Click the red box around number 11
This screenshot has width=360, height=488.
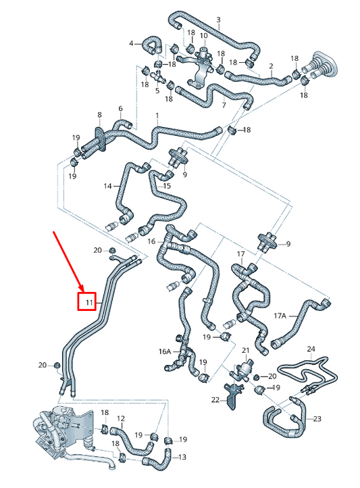[86, 301]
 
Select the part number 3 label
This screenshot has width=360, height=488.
[218, 20]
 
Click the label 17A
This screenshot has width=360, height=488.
[280, 316]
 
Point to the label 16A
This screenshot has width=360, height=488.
[165, 351]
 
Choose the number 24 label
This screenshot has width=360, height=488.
[311, 349]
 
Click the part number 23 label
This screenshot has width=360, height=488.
[317, 419]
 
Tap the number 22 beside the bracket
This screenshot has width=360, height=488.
[215, 400]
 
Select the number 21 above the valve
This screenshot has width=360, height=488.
[246, 350]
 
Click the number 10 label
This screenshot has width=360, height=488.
[203, 35]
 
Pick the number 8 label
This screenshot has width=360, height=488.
[99, 115]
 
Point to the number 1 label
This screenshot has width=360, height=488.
[157, 116]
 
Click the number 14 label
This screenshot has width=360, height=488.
[107, 186]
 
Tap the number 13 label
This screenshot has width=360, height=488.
[182, 457]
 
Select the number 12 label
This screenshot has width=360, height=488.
[121, 418]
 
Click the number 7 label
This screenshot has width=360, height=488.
[224, 105]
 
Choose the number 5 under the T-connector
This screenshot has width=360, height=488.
[157, 91]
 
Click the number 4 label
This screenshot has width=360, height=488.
[131, 43]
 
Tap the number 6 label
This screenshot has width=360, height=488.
[120, 108]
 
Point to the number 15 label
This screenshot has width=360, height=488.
[167, 186]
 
